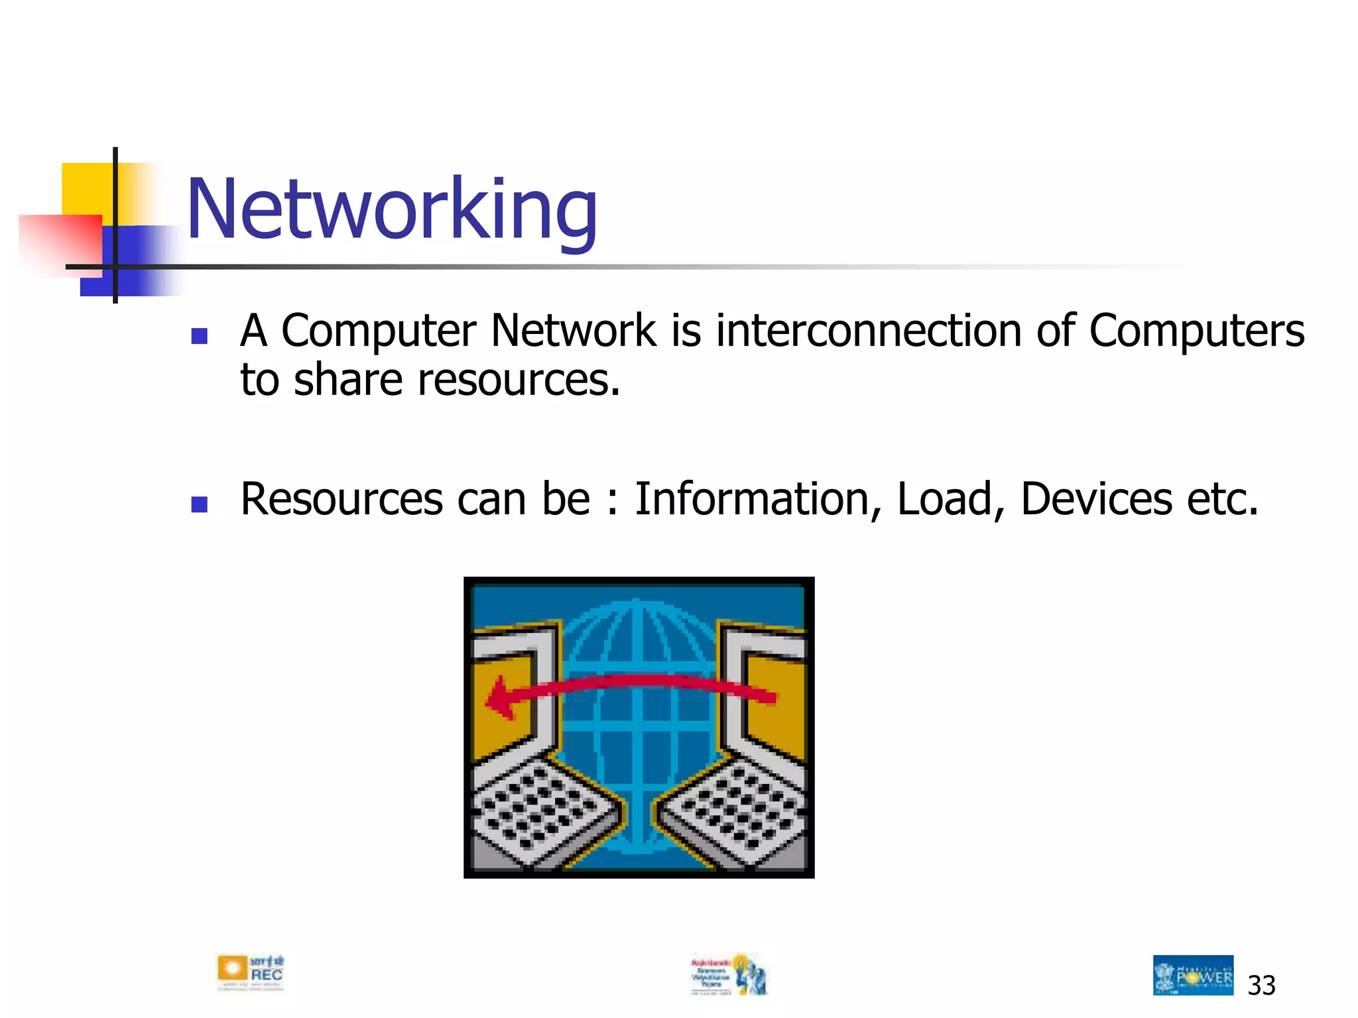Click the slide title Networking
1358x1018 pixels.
392,209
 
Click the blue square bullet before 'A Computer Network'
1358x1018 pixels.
199,336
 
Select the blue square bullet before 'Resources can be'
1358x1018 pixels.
199,504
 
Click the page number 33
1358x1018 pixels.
1261,986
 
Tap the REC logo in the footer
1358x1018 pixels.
251,973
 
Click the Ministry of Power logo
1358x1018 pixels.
1193,975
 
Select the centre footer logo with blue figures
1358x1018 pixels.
729,974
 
